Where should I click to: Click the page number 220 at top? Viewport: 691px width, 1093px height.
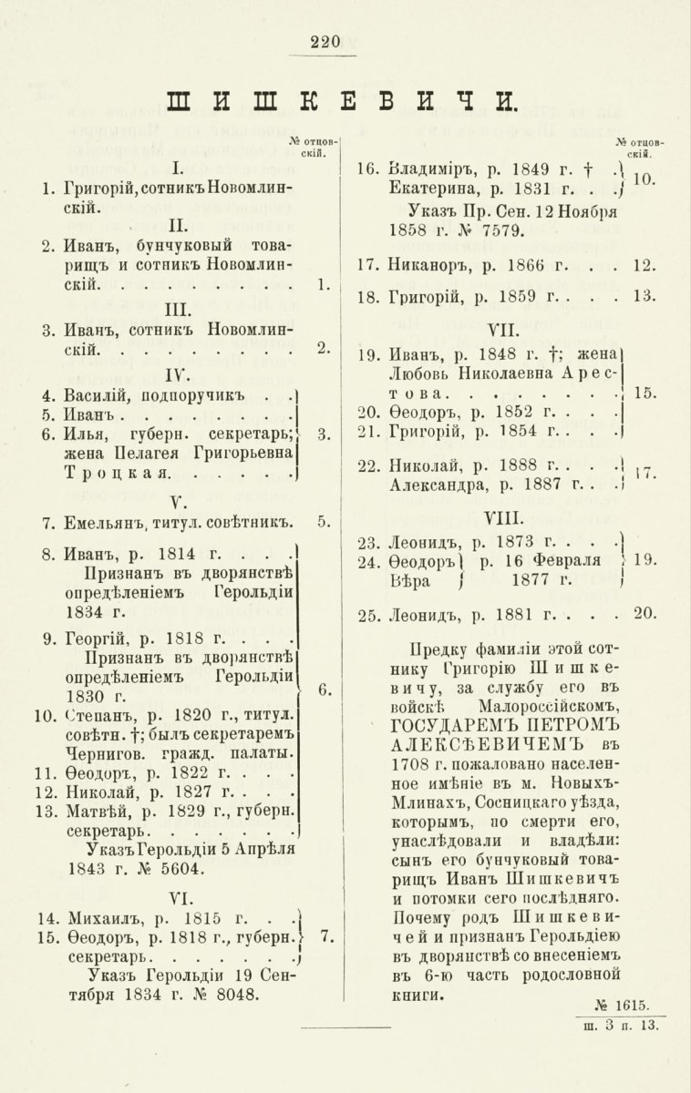click(x=325, y=40)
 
